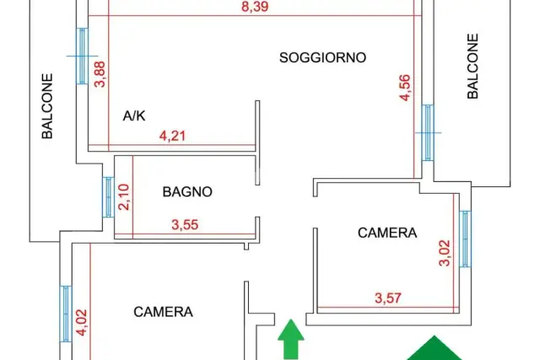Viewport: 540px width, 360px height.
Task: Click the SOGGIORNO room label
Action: (322, 57)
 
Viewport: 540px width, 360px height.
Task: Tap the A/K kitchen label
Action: (134, 116)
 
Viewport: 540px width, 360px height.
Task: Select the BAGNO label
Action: (187, 191)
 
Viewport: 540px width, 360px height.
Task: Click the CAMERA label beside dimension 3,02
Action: (387, 233)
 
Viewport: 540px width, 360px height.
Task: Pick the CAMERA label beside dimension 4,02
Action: (163, 312)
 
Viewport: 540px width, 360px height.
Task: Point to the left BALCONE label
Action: (47, 106)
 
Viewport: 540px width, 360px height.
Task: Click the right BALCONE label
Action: (472, 66)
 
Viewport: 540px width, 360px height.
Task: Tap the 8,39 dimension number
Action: (255, 7)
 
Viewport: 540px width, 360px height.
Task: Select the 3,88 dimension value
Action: (100, 74)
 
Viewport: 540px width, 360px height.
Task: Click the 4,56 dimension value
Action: (405, 88)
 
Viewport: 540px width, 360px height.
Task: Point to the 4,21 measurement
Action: (172, 136)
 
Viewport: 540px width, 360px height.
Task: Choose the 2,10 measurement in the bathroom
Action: (124, 197)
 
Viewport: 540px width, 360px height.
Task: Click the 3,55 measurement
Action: (185, 225)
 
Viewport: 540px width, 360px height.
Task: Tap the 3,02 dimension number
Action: (445, 253)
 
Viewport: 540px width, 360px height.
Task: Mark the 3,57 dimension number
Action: (388, 298)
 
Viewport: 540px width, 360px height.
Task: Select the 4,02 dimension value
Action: (82, 322)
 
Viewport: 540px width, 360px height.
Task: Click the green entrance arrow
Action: (291, 339)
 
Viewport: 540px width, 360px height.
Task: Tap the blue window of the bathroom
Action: (108, 197)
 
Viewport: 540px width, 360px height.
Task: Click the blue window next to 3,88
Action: (82, 56)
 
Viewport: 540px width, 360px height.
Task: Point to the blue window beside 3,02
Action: (465, 239)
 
